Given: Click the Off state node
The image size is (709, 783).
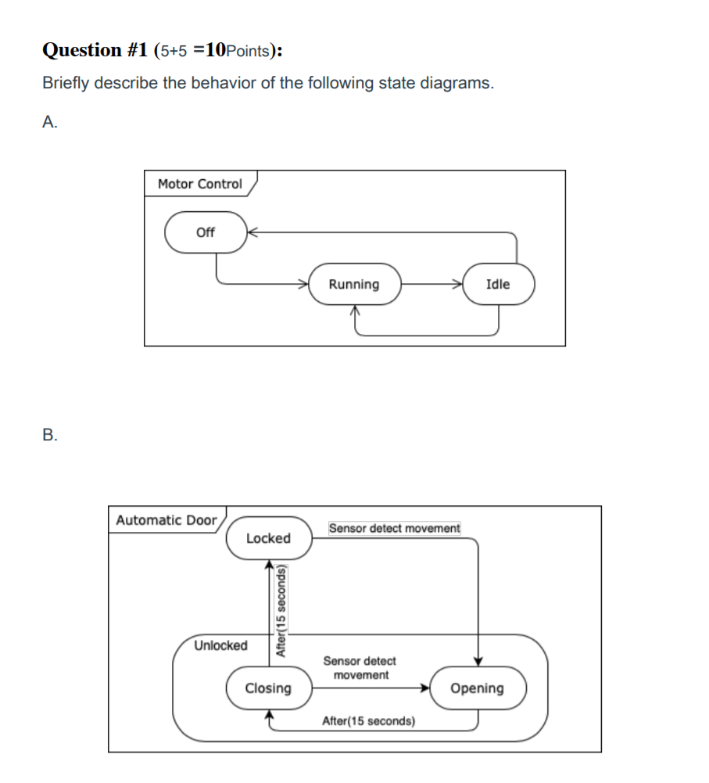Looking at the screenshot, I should click(x=206, y=232).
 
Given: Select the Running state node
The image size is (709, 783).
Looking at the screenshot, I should click(x=354, y=284).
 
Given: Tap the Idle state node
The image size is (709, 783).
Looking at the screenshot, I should click(x=498, y=284).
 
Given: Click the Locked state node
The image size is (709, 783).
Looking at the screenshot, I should click(x=268, y=538).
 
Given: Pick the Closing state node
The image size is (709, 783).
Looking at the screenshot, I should click(x=268, y=688).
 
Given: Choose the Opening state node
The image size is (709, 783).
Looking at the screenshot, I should click(x=477, y=688).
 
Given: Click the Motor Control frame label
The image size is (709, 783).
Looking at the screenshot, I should click(x=200, y=184).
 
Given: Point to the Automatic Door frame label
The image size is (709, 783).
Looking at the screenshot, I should click(x=166, y=520).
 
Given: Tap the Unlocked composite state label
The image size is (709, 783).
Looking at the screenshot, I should click(x=220, y=645).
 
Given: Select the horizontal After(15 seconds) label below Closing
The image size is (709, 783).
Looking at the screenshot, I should click(x=368, y=720).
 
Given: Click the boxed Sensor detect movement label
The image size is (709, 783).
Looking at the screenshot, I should click(x=395, y=529).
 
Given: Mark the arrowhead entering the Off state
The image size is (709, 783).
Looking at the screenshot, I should click(x=252, y=232).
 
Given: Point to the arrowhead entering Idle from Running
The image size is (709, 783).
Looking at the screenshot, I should click(x=458, y=284).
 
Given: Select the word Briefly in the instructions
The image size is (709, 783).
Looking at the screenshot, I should click(x=66, y=84).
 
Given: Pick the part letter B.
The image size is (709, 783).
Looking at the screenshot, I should click(x=49, y=435).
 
